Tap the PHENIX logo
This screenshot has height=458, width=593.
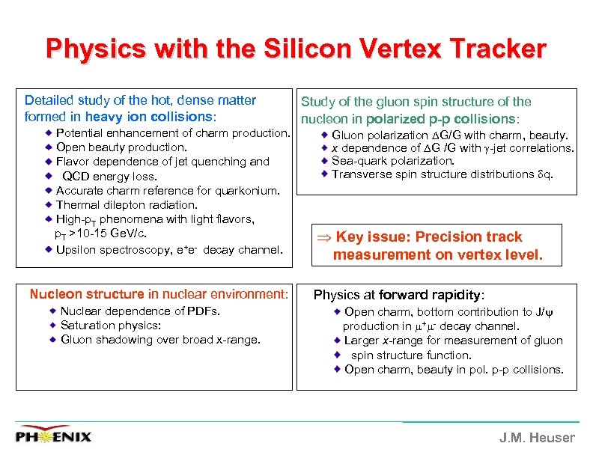click(54, 435)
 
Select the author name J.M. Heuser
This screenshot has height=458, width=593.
click(537, 438)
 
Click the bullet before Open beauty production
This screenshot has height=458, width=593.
click(49, 147)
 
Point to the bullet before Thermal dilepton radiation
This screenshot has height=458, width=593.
click(49, 205)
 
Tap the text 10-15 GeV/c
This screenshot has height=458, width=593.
click(114, 233)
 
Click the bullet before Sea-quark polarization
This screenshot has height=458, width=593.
click(325, 160)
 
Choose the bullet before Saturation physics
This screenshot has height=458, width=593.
click(53, 326)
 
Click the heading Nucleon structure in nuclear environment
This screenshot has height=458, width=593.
click(159, 294)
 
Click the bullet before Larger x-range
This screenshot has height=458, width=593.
click(338, 341)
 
